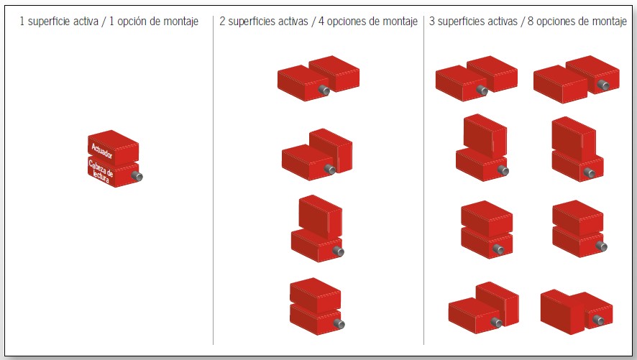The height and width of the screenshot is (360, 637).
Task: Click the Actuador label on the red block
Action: [x=103, y=148]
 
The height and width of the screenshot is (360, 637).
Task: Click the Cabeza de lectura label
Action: [x=101, y=172]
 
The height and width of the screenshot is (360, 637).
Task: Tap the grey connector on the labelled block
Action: [x=138, y=176]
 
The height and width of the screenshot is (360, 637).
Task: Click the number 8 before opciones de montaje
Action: [x=529, y=22]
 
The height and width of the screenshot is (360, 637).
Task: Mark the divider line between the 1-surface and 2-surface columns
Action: [x=213, y=180]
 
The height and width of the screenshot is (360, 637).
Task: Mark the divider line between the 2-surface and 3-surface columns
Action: [x=423, y=180]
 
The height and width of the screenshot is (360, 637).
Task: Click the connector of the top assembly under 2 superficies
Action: [x=324, y=91]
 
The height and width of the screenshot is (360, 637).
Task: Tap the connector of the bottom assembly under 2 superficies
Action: [x=339, y=325]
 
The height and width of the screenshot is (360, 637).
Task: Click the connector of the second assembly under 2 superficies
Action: [x=331, y=170]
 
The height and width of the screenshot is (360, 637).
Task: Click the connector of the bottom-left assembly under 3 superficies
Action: [x=495, y=323]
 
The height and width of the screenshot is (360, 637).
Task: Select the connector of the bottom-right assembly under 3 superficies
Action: [x=597, y=318]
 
